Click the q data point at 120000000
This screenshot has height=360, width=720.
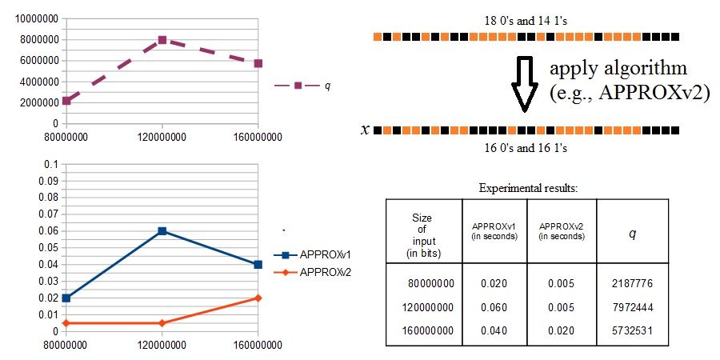[162, 40]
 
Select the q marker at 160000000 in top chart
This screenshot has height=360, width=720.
[258, 63]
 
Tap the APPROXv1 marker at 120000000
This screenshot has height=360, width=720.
[162, 231]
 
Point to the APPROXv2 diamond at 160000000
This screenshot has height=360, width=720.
[258, 298]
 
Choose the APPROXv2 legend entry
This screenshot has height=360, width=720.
[312, 272]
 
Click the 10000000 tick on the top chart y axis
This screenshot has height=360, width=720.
[37, 18]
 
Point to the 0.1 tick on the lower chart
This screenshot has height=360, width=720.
[53, 164]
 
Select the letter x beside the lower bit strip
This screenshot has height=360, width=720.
[365, 130]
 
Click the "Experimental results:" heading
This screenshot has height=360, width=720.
[527, 188]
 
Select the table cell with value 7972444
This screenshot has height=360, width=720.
[632, 306]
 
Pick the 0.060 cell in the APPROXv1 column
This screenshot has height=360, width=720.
[494, 306]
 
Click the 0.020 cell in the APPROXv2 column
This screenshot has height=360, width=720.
[561, 330]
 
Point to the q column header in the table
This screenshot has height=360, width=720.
[632, 234]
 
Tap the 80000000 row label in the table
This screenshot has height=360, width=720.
[430, 283]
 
